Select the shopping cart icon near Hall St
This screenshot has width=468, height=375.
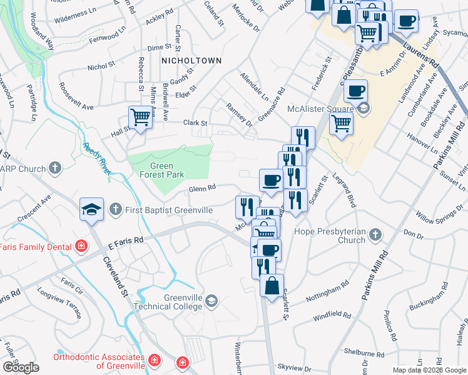(141, 116)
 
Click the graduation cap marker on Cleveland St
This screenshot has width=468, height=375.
(92, 209)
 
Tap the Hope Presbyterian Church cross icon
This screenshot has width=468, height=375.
(375, 234)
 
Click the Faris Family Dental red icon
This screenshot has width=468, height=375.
(81, 247)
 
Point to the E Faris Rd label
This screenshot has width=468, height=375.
(125, 240)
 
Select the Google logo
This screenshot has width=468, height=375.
(21, 367)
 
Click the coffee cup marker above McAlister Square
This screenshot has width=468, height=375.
(355, 91)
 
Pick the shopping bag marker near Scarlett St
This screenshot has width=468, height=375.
(272, 286)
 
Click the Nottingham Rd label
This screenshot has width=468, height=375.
(327, 292)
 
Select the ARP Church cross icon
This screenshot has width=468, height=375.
(56, 168)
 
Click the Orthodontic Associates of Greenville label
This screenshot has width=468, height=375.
(99, 361)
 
